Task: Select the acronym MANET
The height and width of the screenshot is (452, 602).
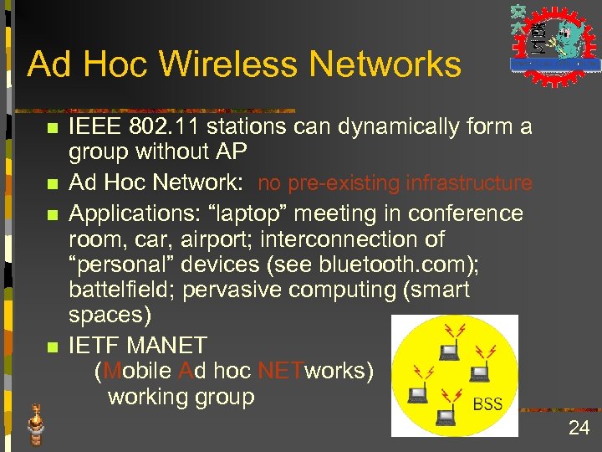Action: point(168,345)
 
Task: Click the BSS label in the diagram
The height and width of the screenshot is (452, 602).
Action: point(487,404)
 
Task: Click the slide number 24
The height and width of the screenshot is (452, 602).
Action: point(579,429)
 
